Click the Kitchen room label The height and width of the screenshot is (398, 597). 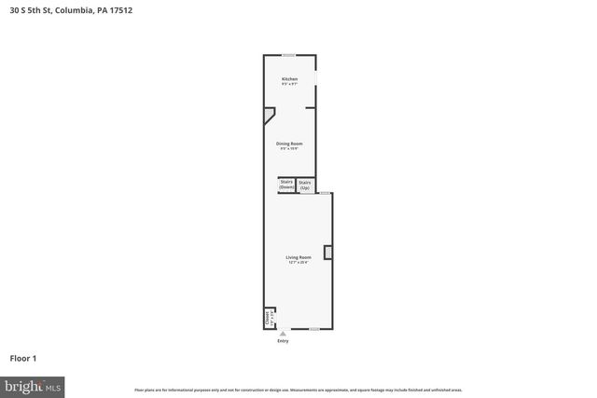click(290, 79)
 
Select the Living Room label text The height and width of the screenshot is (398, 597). click(298, 256)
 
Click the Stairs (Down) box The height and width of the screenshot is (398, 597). click(287, 185)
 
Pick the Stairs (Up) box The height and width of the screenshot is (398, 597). click(305, 185)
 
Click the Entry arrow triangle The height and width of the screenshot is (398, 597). click(283, 333)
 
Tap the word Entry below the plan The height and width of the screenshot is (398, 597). click(283, 341)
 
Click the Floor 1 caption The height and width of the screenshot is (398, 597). click(22, 358)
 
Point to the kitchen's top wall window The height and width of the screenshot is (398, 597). click(289, 55)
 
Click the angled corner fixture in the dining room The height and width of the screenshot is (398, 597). click(269, 115)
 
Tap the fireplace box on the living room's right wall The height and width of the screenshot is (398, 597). click(327, 252)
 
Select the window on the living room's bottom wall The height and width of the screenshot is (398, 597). click(315, 328)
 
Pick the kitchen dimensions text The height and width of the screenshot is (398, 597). click(290, 85)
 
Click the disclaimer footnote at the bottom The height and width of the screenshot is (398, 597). click(298, 390)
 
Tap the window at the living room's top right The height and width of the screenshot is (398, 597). click(325, 193)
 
